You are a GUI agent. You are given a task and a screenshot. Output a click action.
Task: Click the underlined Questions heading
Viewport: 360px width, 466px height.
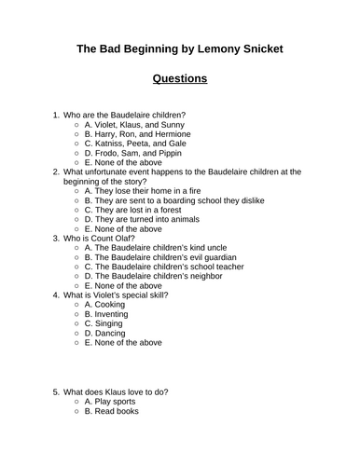point(180,78)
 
